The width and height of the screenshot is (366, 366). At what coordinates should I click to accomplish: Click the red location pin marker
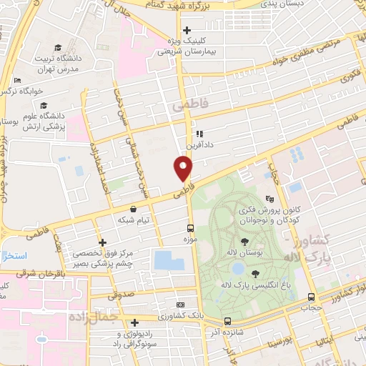[x=184, y=168]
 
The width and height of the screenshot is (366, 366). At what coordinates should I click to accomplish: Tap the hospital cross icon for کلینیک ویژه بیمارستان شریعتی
[x=187, y=31]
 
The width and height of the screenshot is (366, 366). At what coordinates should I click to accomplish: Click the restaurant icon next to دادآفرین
[x=199, y=134]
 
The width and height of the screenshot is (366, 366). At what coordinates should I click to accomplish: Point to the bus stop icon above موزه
[x=189, y=227]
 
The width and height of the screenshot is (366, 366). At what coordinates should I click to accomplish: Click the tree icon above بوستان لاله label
[x=244, y=242]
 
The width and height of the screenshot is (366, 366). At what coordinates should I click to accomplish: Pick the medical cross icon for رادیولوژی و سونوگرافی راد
[x=134, y=322]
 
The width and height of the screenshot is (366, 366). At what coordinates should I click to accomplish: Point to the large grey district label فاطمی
[x=189, y=105]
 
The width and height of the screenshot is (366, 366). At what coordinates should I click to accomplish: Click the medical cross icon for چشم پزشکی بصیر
[x=104, y=242]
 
